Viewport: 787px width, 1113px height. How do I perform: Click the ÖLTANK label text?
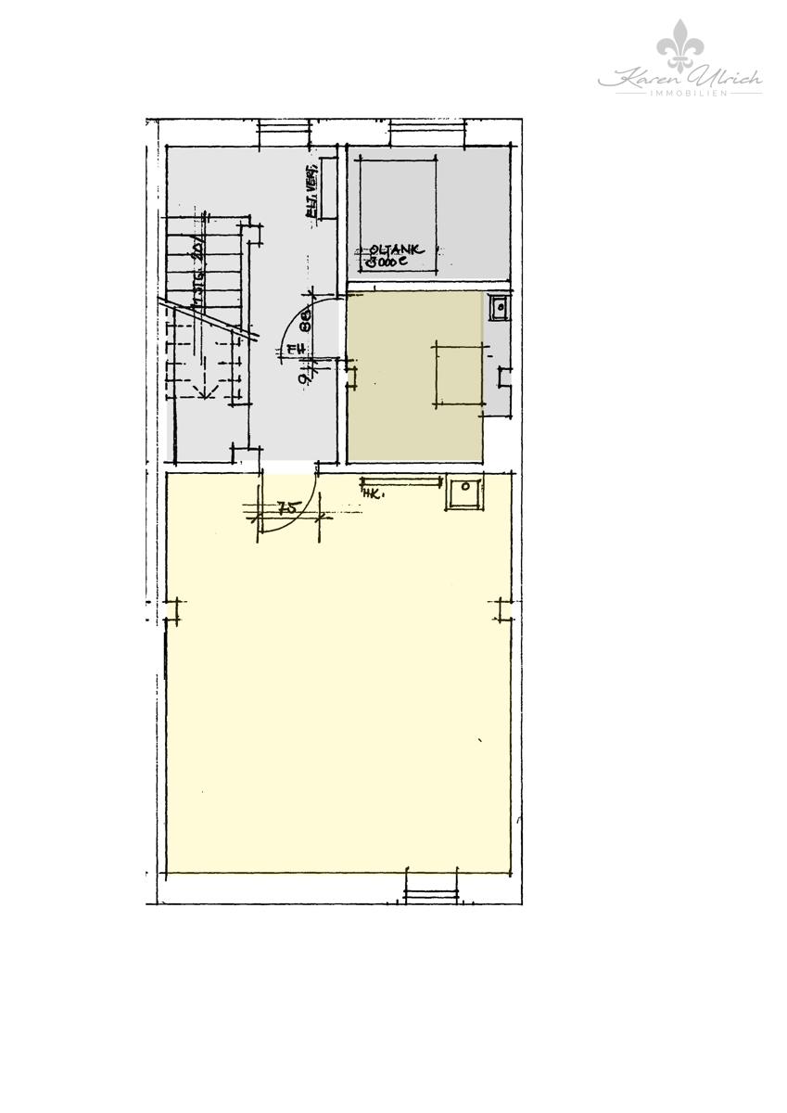pos(396,249)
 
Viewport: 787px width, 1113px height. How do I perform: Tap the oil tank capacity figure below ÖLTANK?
pos(387,262)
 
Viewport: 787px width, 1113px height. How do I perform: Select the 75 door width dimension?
pos(287,507)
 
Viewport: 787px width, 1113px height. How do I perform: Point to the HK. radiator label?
pos(372,492)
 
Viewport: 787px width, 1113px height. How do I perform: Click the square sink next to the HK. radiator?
pos(463,493)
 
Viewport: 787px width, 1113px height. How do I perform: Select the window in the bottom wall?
pos(431,893)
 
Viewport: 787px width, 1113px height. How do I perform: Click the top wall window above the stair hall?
pos(286,133)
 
